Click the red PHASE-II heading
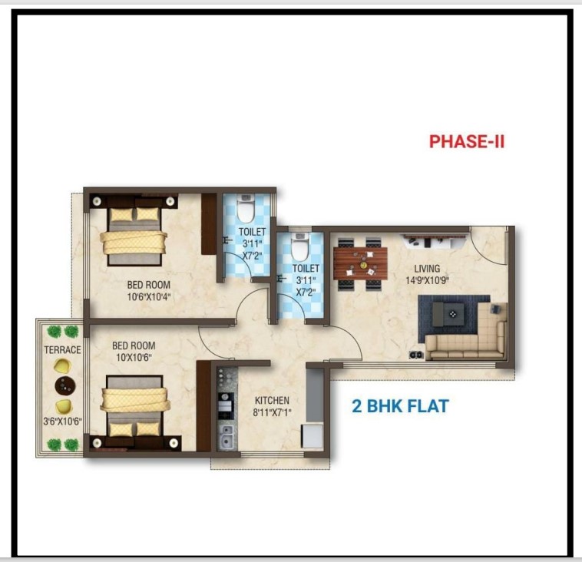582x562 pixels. pyautogui.click(x=467, y=141)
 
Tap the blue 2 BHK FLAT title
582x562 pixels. pyautogui.click(x=400, y=405)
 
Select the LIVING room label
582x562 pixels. pyautogui.click(x=427, y=268)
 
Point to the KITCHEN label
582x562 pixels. pyautogui.click(x=272, y=400)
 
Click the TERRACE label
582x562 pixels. pyautogui.click(x=62, y=349)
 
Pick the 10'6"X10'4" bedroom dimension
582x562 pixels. pyautogui.click(x=148, y=297)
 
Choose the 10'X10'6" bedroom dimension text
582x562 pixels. pyautogui.click(x=134, y=358)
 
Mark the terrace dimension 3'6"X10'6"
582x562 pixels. pyautogui.click(x=62, y=421)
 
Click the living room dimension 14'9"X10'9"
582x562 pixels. pyautogui.click(x=427, y=280)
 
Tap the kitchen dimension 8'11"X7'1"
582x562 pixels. pyautogui.click(x=272, y=412)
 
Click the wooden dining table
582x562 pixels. pyautogui.click(x=360, y=263)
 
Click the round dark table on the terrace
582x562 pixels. pyautogui.click(x=65, y=386)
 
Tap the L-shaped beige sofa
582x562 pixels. pyautogui.click(x=467, y=331)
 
